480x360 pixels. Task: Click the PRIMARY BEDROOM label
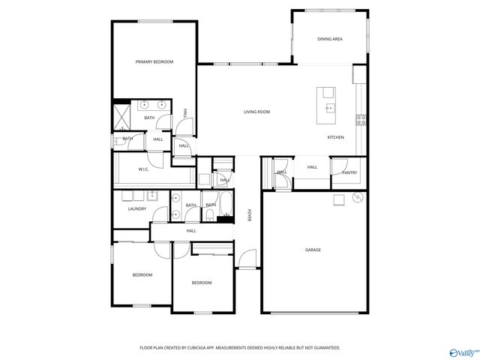coord(154,61)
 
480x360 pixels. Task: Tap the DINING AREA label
coord(330,38)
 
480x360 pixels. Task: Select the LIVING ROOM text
coord(256,112)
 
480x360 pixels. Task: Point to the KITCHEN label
coord(335,137)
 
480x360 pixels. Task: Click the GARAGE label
coord(313,250)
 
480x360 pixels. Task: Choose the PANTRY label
coord(349,172)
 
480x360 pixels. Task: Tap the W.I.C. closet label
coord(144,169)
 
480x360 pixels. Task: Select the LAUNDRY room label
coord(136,208)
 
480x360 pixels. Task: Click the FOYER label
coord(249,215)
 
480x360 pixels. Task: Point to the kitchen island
coord(328,104)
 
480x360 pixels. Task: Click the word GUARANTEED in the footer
coord(326,348)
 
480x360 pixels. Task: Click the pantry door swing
coord(339,164)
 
